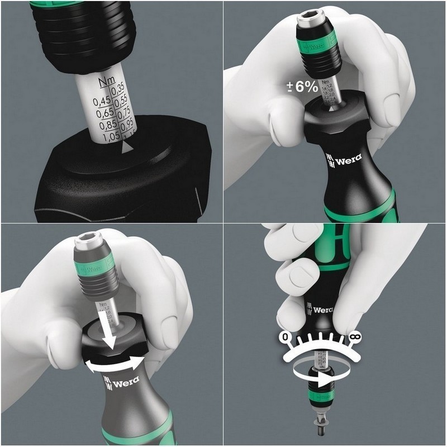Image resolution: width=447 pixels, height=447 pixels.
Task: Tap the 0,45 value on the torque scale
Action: (x=102, y=101)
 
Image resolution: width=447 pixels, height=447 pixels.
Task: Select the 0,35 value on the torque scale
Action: (x=117, y=88)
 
